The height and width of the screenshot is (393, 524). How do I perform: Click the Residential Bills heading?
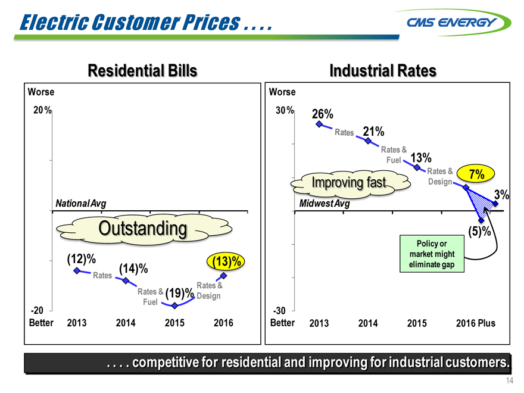pos(142,71)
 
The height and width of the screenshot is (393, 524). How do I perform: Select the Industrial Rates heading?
pos(382,71)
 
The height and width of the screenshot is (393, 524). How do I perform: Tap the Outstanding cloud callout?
pos(143,228)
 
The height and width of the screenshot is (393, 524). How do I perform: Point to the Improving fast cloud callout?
pos(349,182)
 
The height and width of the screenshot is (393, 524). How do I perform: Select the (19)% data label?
pos(179,293)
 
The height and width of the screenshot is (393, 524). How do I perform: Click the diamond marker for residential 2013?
pos(77,271)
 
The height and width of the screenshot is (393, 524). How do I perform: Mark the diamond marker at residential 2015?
pos(174,305)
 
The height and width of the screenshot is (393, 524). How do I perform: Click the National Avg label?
pos(80,203)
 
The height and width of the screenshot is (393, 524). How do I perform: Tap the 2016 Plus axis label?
pos(475,323)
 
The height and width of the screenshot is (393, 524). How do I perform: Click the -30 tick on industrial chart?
pos(279,310)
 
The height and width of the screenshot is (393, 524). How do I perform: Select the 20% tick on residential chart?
pos(41,111)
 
